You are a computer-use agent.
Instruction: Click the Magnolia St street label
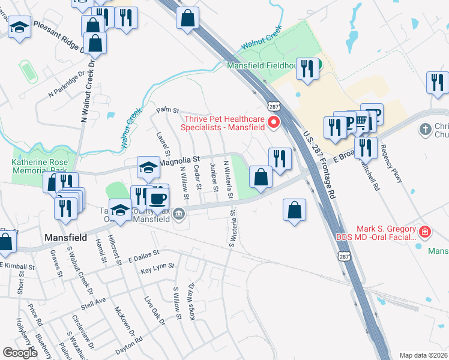coord(179,160)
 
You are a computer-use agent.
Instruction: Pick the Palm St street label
coord(168,110)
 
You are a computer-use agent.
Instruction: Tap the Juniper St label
coord(214,177)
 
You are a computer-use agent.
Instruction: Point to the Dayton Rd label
coord(129,340)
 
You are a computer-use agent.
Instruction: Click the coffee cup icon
coord(158,198)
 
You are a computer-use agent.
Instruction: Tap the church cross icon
coord(425,129)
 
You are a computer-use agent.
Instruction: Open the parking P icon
coord(376,114)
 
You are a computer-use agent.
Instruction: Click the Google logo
coord(20,352)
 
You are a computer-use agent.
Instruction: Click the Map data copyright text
coord(423,355)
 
